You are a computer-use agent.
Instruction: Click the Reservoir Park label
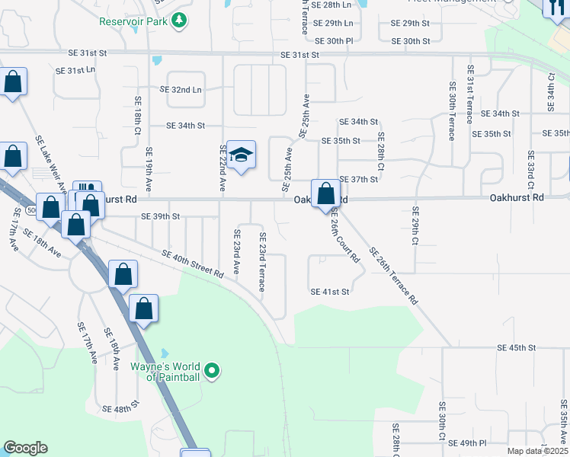[x=133, y=21]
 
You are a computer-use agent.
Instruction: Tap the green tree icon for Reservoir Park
[x=179, y=21]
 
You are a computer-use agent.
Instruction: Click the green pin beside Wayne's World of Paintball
[x=213, y=372]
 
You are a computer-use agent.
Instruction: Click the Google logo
[x=25, y=448]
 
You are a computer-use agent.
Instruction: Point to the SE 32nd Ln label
[x=181, y=89]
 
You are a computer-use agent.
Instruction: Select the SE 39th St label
[x=160, y=216]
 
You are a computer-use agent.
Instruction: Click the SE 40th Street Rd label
[x=192, y=264]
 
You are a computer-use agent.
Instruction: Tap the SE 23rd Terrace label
[x=262, y=262]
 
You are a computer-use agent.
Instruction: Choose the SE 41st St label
[x=329, y=292]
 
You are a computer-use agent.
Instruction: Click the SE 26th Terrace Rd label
[x=394, y=276]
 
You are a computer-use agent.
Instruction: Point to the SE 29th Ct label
[x=416, y=225]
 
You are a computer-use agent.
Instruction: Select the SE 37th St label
[x=359, y=179]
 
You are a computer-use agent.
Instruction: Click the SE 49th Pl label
[x=467, y=443]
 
